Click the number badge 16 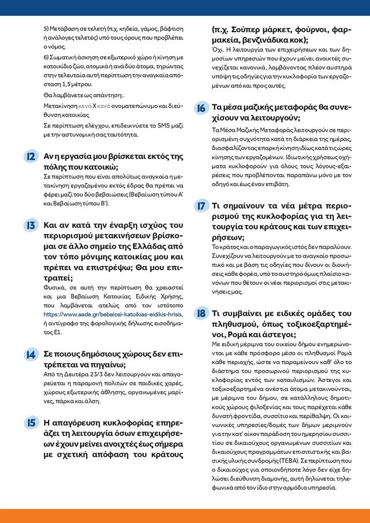(x=201, y=108)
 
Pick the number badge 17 (x=201, y=206)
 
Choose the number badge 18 (x=201, y=313)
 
